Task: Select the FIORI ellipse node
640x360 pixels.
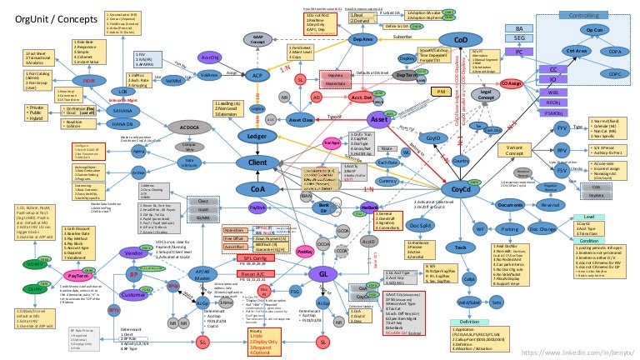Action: [x=91, y=80]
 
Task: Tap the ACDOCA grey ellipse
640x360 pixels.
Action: [x=184, y=127]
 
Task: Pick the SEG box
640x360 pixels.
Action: [x=519, y=38]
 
